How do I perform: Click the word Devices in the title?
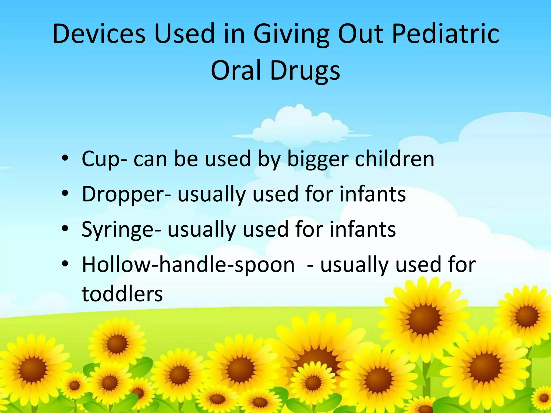(x=99, y=34)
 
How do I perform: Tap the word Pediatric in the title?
(x=446, y=34)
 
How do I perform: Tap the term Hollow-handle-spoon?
(x=188, y=265)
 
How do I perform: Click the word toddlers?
(x=122, y=294)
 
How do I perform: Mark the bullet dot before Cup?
(x=65, y=159)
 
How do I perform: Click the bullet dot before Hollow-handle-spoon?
(x=65, y=264)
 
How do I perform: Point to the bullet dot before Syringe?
(x=65, y=229)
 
